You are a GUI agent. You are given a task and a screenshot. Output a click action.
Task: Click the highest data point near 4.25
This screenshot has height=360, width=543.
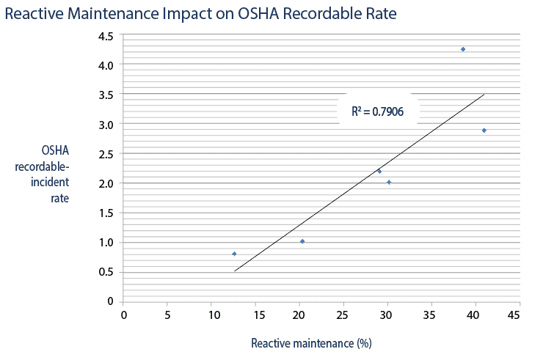(463, 49)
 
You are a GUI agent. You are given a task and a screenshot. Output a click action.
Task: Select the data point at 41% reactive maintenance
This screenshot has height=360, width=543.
(484, 131)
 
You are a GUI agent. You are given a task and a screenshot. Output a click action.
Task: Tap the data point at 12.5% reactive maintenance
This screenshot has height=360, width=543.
(234, 254)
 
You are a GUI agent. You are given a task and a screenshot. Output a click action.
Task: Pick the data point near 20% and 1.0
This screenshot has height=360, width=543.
(302, 241)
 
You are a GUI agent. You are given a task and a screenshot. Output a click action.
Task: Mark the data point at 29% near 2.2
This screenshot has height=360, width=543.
(379, 171)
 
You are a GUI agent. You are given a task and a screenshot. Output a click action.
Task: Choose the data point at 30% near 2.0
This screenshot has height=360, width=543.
(389, 182)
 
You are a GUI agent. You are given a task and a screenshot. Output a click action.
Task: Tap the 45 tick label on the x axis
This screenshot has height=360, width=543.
(514, 315)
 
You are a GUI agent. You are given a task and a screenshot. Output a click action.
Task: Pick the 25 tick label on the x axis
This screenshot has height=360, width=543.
(343, 315)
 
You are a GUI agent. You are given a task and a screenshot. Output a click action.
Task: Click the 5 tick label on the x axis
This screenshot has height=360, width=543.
(167, 315)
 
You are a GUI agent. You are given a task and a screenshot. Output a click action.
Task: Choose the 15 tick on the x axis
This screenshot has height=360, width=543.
(255, 315)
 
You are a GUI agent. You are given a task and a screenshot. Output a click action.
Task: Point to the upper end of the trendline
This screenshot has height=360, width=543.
(484, 94)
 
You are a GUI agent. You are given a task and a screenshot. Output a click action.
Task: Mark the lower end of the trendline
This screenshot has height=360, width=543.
(235, 271)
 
